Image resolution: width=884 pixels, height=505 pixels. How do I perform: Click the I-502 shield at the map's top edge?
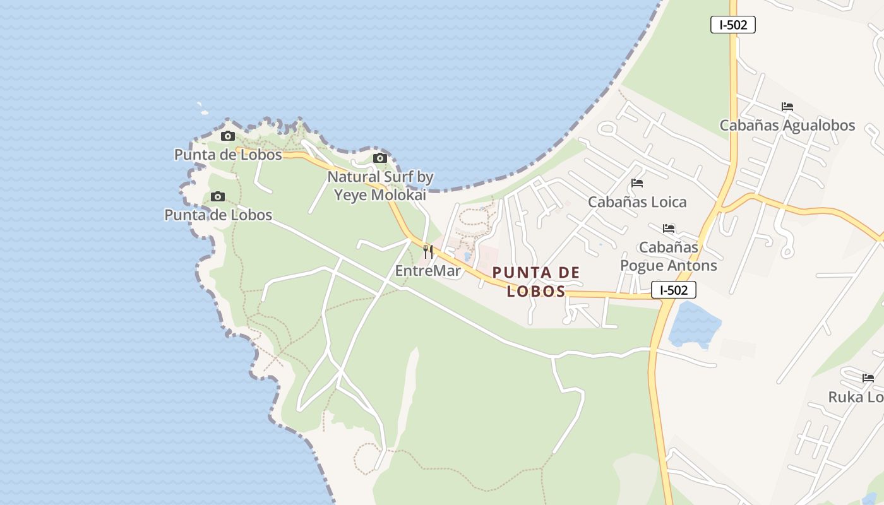tap(732, 25)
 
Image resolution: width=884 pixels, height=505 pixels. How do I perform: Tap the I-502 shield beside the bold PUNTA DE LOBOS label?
tap(673, 290)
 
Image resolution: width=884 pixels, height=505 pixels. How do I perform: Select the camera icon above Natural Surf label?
tap(379, 158)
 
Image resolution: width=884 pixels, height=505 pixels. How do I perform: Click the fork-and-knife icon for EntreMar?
tap(428, 251)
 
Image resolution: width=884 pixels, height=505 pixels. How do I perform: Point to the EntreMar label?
tap(427, 271)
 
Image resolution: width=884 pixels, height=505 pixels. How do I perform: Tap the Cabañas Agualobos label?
tap(787, 125)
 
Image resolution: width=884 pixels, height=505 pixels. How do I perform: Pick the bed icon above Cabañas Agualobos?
tap(787, 107)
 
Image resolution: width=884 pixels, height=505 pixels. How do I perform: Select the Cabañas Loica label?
tap(636, 202)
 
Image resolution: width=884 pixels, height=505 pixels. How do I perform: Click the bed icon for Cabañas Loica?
tap(636, 183)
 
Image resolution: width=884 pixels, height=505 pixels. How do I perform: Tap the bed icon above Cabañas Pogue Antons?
tap(669, 228)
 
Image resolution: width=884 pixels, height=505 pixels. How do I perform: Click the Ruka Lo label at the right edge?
tap(856, 397)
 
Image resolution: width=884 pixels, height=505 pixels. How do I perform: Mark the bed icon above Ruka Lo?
tap(868, 378)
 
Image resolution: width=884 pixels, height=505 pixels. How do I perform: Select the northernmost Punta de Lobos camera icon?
tap(227, 136)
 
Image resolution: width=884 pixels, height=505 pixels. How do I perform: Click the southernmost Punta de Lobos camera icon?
tap(218, 196)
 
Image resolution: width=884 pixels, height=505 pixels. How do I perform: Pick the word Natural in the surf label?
tap(354, 177)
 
